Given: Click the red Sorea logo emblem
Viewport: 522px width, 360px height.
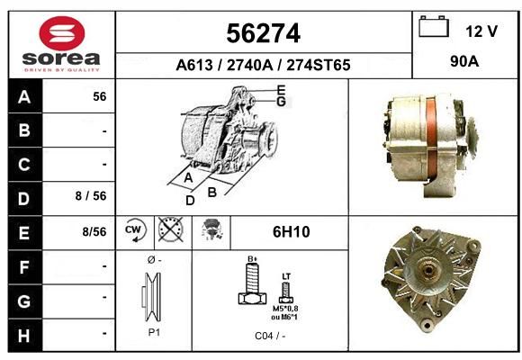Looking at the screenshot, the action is coord(62,33).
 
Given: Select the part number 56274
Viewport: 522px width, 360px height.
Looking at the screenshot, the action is coord(264,33).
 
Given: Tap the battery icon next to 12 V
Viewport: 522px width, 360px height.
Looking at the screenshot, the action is coord(434,27).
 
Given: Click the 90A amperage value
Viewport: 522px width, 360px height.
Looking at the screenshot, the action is coord(464,61).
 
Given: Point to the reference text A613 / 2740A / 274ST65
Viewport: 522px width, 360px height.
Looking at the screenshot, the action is coord(263,65).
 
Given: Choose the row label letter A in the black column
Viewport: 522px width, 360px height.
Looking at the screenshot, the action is coord(24,97).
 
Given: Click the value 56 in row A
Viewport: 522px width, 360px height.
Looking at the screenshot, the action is coord(100,96).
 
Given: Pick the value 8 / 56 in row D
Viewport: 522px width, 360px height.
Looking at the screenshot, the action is coord(91,196).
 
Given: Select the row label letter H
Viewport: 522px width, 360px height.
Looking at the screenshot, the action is coord(24,336).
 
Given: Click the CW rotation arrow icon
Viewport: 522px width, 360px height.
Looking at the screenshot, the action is coord(135,230).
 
